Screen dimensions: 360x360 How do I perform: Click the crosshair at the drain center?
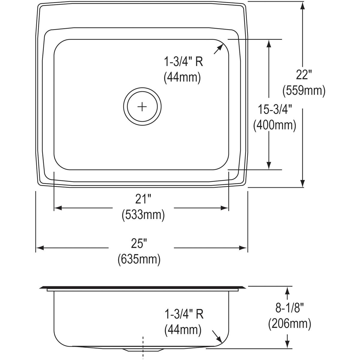142,106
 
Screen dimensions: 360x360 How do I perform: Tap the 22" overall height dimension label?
304,75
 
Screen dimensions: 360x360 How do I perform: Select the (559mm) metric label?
304,90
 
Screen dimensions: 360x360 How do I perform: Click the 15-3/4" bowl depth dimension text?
275,110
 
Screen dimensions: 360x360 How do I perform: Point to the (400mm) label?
274,125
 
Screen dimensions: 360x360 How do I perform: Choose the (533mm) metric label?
143,215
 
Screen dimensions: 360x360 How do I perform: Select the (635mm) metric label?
139,259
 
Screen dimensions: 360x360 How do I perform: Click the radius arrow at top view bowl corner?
219,49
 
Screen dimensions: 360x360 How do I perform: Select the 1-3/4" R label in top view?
183,62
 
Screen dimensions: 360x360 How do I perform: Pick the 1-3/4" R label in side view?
184,314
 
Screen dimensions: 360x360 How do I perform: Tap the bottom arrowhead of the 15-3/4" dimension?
269,165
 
